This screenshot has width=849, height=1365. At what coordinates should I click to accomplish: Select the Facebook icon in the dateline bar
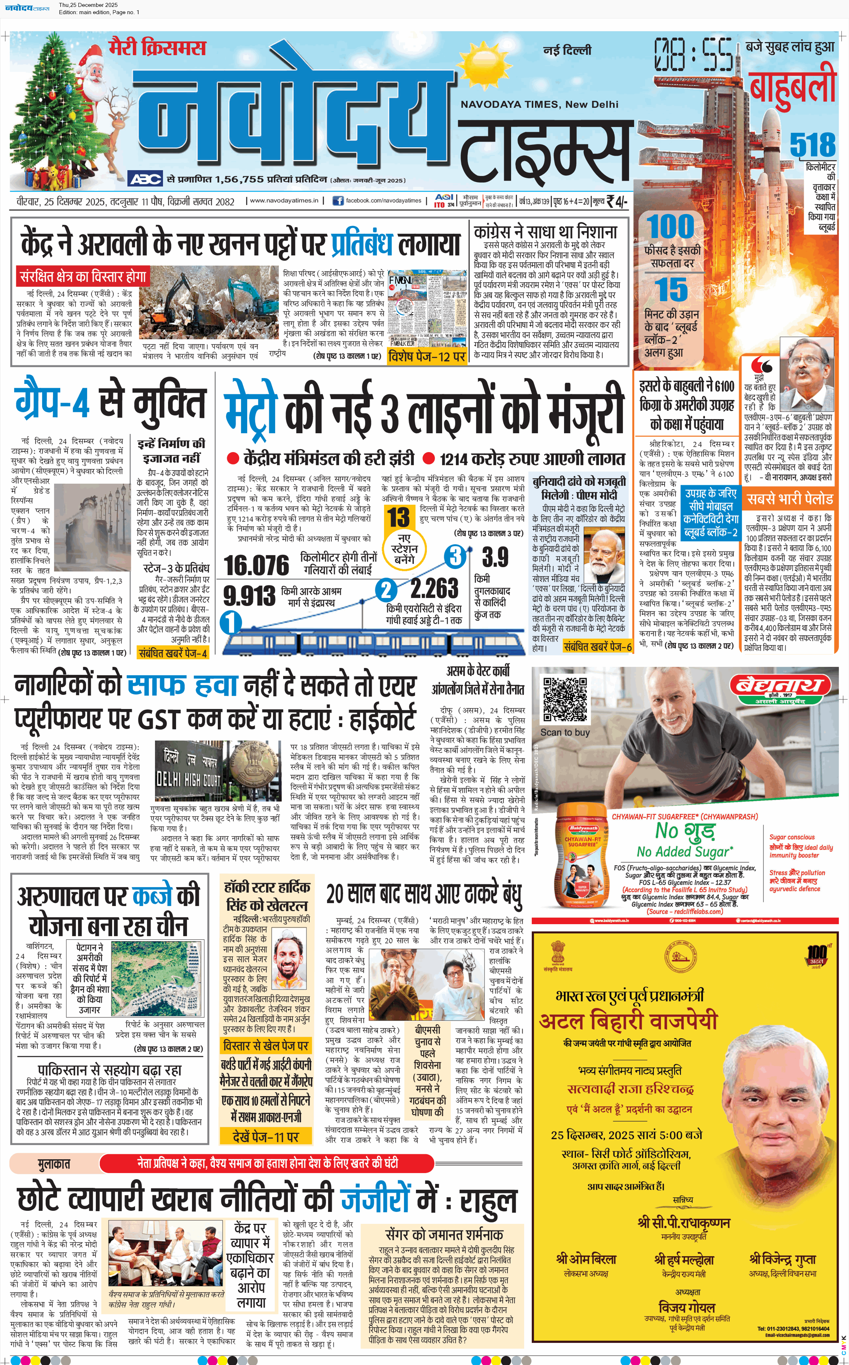[x=338, y=200]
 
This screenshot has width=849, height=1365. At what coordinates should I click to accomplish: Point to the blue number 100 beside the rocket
[x=670, y=227]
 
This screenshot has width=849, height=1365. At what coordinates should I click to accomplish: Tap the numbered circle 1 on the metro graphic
[x=231, y=622]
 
